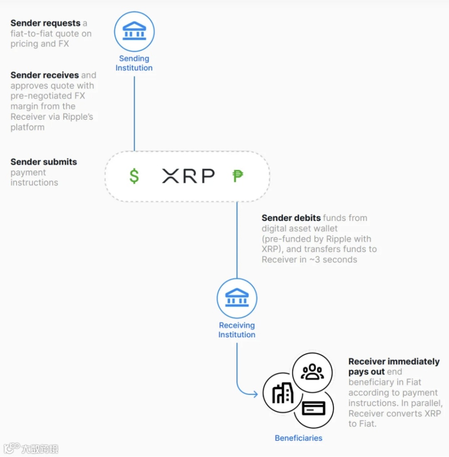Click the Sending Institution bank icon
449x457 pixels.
134,32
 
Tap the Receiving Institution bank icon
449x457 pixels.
237,298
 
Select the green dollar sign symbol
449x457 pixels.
134,176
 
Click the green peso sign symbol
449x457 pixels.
237,176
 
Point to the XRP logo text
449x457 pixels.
188,176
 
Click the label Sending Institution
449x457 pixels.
134,63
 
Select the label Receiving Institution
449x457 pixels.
237,330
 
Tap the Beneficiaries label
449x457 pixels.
299,438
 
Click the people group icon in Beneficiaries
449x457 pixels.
312,372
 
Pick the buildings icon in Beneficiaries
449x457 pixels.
283,393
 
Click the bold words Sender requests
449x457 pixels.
45,23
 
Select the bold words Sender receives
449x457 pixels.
44,75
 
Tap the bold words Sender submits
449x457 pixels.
44,162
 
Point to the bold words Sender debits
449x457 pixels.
291,218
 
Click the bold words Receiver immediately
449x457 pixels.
394,362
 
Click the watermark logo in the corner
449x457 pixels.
31,448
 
